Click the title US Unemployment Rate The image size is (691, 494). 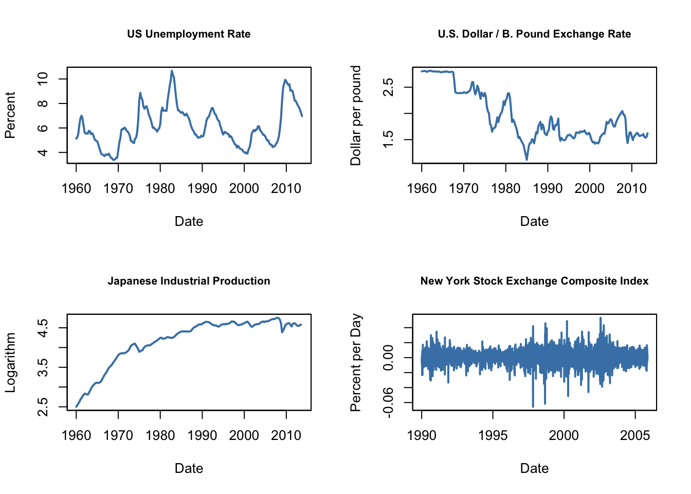[x=189, y=34]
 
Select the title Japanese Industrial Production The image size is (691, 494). [x=189, y=281]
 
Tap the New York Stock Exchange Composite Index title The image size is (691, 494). [x=534, y=281]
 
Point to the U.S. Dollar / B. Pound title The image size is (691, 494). [x=534, y=34]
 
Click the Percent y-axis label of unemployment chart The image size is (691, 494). [x=10, y=115]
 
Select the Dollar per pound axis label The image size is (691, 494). [x=355, y=115]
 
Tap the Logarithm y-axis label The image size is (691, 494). [x=10, y=362]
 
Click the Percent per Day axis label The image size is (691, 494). [x=355, y=362]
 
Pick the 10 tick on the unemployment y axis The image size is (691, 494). [x=43, y=79]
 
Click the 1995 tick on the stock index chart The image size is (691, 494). [x=493, y=435]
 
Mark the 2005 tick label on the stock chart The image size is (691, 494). [x=635, y=435]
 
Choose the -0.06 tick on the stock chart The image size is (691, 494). [x=388, y=402]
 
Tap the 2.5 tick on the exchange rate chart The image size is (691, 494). [x=388, y=87]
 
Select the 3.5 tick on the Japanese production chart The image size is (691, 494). [x=43, y=367]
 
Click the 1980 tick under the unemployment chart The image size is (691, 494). [x=160, y=188]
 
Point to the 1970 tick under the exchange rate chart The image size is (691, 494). [x=463, y=188]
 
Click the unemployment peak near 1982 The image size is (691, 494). [x=172, y=71]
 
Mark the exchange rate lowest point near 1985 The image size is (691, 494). [x=526, y=160]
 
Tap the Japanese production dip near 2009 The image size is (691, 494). [x=282, y=332]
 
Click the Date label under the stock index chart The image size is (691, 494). [x=534, y=468]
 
